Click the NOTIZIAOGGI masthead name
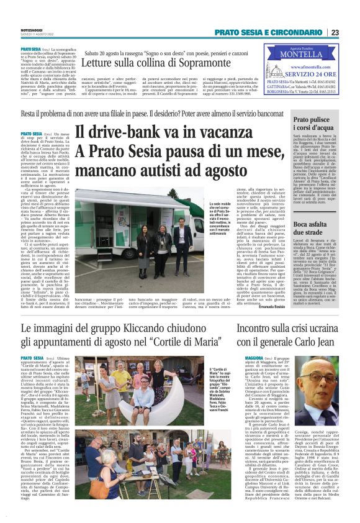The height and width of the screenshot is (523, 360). [32, 30]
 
